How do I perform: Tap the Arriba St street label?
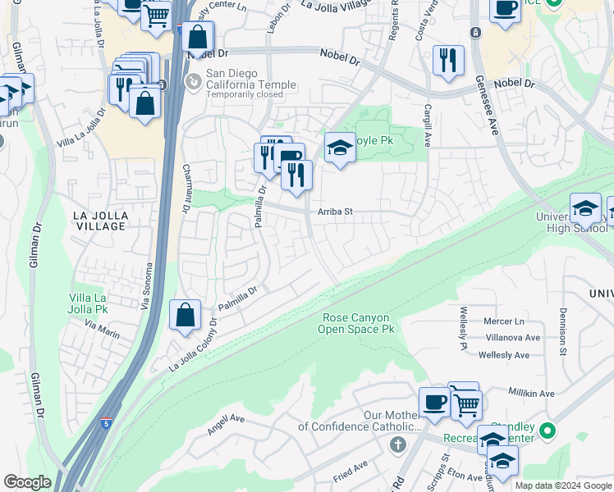coord(335,212)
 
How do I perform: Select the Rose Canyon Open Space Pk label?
coord(356,323)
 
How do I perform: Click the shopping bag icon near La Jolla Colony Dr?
coord(186,315)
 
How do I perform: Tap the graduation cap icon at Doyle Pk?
coord(340,149)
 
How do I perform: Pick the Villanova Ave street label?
coord(512,338)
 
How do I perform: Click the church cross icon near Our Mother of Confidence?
coord(397,445)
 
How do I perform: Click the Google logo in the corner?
coord(27,482)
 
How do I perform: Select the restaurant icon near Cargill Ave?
coord(448,61)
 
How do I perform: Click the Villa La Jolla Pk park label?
coord(90,303)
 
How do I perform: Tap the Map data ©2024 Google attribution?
coord(563,485)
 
